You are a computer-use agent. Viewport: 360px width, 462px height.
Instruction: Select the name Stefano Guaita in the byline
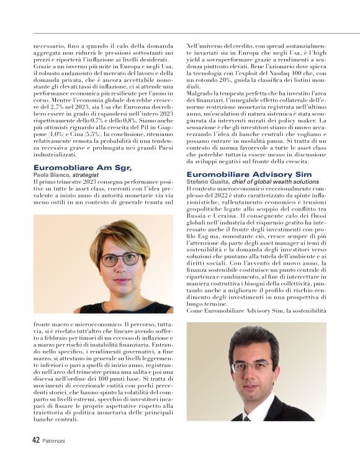[207, 181]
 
